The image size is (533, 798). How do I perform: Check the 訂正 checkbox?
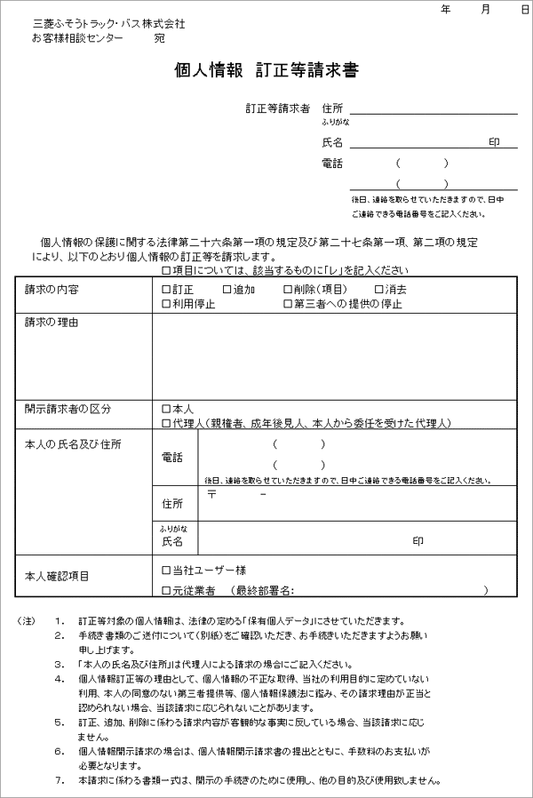pyautogui.click(x=166, y=290)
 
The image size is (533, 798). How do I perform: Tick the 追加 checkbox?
pyautogui.click(x=227, y=290)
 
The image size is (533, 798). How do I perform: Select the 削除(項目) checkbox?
pyautogui.click(x=288, y=290)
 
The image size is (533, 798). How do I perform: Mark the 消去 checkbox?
pyautogui.click(x=379, y=290)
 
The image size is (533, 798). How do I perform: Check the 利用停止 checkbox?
pyautogui.click(x=166, y=304)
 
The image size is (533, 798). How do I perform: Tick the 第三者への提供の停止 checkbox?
pyautogui.click(x=288, y=304)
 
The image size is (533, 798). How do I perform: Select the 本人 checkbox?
pyautogui.click(x=166, y=409)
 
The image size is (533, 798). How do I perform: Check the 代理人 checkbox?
pyautogui.click(x=166, y=423)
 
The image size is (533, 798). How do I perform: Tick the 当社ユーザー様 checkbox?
pyautogui.click(x=166, y=569)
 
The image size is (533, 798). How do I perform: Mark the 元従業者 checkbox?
pyautogui.click(x=166, y=589)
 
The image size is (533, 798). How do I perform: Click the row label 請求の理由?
pyautogui.click(x=52, y=322)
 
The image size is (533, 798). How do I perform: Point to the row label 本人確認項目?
pyautogui.click(x=57, y=576)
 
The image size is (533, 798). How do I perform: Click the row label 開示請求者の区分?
pyautogui.click(x=68, y=409)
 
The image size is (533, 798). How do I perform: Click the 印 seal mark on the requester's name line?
pyautogui.click(x=495, y=141)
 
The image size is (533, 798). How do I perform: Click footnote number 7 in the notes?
pyautogui.click(x=59, y=781)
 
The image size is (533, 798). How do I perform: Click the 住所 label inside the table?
pyautogui.click(x=172, y=504)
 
